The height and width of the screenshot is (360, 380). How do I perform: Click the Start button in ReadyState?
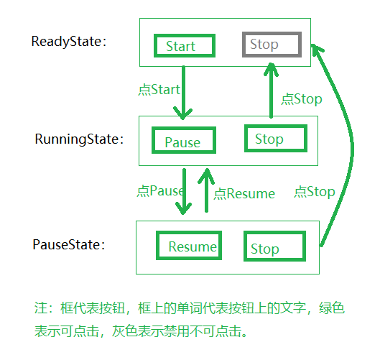click(x=185, y=46)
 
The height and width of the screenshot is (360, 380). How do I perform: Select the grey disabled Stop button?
click(x=270, y=45)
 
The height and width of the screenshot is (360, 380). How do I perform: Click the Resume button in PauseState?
click(x=188, y=246)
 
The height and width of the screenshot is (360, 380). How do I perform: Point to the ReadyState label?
click(x=69, y=42)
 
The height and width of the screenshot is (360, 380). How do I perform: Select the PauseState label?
click(x=69, y=244)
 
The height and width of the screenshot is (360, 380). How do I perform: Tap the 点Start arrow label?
click(x=159, y=91)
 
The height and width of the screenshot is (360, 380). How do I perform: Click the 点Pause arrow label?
click(x=159, y=192)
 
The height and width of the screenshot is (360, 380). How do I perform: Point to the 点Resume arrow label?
click(x=244, y=193)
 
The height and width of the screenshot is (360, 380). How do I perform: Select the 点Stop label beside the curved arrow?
click(x=315, y=192)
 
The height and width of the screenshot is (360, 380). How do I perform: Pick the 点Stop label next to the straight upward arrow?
click(x=302, y=99)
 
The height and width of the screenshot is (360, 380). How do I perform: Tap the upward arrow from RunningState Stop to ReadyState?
click(x=271, y=90)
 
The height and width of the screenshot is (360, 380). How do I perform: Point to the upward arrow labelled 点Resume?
click(x=207, y=190)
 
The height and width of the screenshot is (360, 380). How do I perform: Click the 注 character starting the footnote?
click(x=40, y=308)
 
